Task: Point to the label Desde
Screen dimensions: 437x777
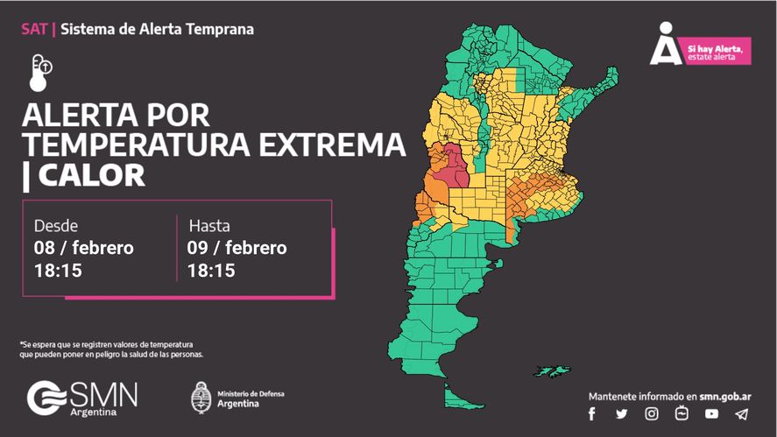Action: [55, 225]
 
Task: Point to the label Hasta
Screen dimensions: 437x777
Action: [209, 225]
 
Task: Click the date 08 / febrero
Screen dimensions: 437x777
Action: [84, 248]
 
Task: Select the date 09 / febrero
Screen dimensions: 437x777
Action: [237, 248]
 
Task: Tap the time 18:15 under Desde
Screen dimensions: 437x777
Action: [58, 271]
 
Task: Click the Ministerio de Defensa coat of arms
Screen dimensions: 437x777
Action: [201, 398]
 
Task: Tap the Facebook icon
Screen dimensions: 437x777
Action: [592, 413]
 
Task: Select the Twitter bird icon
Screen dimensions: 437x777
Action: [622, 413]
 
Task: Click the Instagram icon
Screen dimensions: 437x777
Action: [652, 413]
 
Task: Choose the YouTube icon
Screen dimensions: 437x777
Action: [711, 413]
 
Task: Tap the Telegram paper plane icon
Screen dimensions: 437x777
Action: [742, 413]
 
